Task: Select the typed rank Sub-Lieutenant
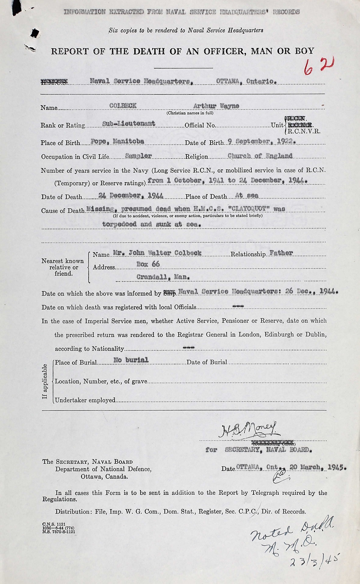(x=129, y=123)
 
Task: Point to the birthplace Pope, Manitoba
(x=117, y=141)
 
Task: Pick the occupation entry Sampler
(x=138, y=156)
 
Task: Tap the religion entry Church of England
(x=260, y=156)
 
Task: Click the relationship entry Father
(x=281, y=253)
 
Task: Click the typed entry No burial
(x=131, y=360)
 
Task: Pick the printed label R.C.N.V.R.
(x=304, y=131)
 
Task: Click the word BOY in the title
(x=304, y=51)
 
